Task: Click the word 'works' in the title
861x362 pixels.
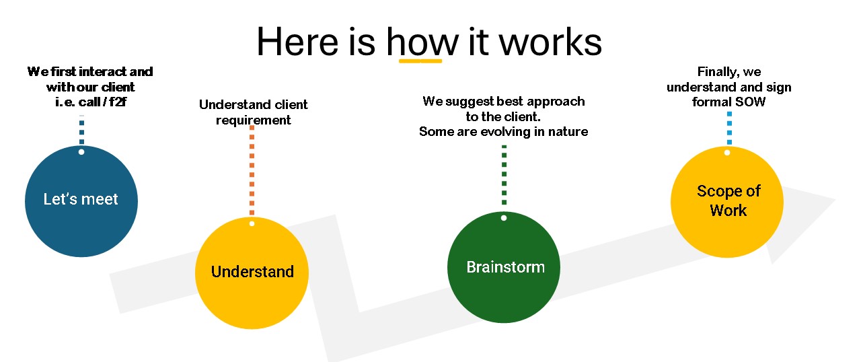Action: tap(550, 42)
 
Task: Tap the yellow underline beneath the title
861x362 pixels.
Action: tap(420, 61)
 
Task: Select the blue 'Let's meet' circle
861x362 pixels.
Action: tap(81, 201)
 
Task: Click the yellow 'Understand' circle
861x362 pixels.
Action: tap(252, 273)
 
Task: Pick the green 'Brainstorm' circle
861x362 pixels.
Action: tap(504, 267)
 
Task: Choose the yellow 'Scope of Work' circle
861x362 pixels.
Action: tap(727, 202)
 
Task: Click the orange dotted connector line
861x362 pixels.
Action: tap(252, 170)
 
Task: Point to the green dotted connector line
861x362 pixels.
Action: tap(504, 175)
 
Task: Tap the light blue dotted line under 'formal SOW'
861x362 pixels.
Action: tap(730, 128)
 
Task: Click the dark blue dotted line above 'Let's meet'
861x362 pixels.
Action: tap(81, 130)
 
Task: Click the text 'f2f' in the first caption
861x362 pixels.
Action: tap(118, 102)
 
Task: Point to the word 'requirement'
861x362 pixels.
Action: tap(254, 120)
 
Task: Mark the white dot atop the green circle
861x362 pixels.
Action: tap(504, 218)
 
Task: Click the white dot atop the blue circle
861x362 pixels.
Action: tap(81, 152)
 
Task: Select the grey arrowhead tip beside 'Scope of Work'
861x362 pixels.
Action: tap(835, 199)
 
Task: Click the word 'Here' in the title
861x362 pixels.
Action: tap(297, 42)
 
